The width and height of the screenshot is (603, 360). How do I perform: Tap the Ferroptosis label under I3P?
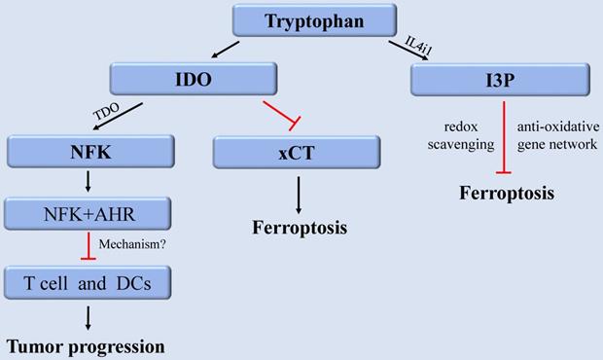[506, 193]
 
